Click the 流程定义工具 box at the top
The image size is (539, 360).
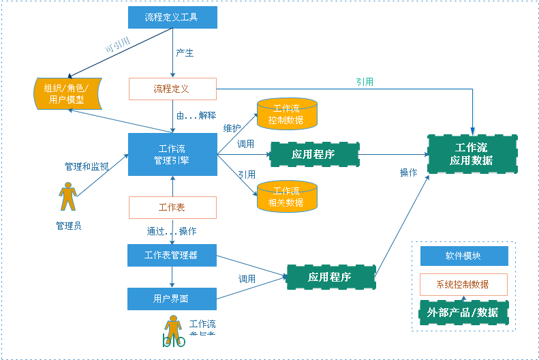click(x=172, y=17)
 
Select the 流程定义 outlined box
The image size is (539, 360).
click(x=172, y=89)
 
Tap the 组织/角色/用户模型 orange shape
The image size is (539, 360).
click(x=67, y=94)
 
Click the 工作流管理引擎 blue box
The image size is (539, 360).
click(x=172, y=154)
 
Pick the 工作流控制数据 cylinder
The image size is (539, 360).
click(x=287, y=114)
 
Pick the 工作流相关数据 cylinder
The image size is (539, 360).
click(x=287, y=196)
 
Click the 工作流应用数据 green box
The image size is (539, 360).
click(x=471, y=154)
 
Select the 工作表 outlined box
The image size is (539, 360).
click(x=172, y=207)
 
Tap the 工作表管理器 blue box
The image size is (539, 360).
click(x=172, y=255)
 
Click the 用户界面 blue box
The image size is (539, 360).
click(x=172, y=299)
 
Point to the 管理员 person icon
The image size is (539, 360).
click(x=67, y=197)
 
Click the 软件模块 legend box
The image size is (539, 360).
click(x=463, y=256)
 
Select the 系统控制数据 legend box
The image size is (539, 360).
click(x=463, y=284)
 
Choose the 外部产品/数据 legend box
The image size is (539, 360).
click(x=463, y=312)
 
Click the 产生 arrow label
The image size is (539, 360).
click(x=185, y=53)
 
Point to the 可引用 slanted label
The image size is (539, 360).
click(x=117, y=46)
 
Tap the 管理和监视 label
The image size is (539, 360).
click(x=86, y=166)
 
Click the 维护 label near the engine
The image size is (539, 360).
click(x=232, y=127)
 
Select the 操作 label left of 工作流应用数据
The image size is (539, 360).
click(x=408, y=172)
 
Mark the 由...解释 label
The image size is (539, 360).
click(x=196, y=115)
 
